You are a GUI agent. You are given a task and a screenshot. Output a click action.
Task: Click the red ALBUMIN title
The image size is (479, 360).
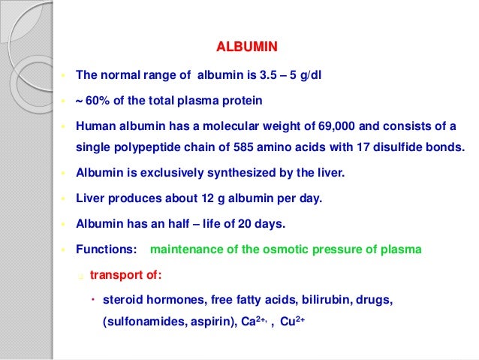pos(247,47)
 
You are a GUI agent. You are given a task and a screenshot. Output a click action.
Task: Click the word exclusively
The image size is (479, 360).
pos(161,173)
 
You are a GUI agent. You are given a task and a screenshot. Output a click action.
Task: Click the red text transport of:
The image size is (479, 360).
pos(125,274)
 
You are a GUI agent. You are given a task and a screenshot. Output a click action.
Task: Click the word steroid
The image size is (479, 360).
pos(122,300)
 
